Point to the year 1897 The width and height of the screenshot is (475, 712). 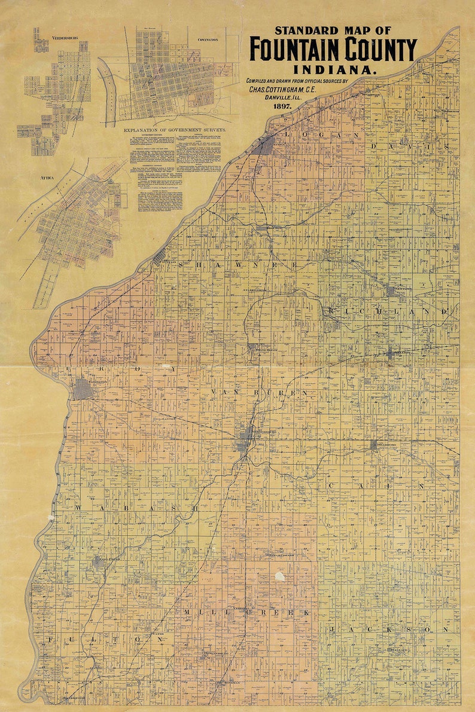tap(282, 105)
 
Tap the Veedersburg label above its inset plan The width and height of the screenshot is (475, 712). tap(65, 37)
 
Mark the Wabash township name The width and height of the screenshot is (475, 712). tap(136, 508)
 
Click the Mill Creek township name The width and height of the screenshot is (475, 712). tap(247, 613)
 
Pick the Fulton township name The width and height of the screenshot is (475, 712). tap(105, 639)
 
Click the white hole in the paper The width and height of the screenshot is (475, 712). tap(280, 576)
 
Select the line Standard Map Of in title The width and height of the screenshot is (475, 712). tap(333, 30)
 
